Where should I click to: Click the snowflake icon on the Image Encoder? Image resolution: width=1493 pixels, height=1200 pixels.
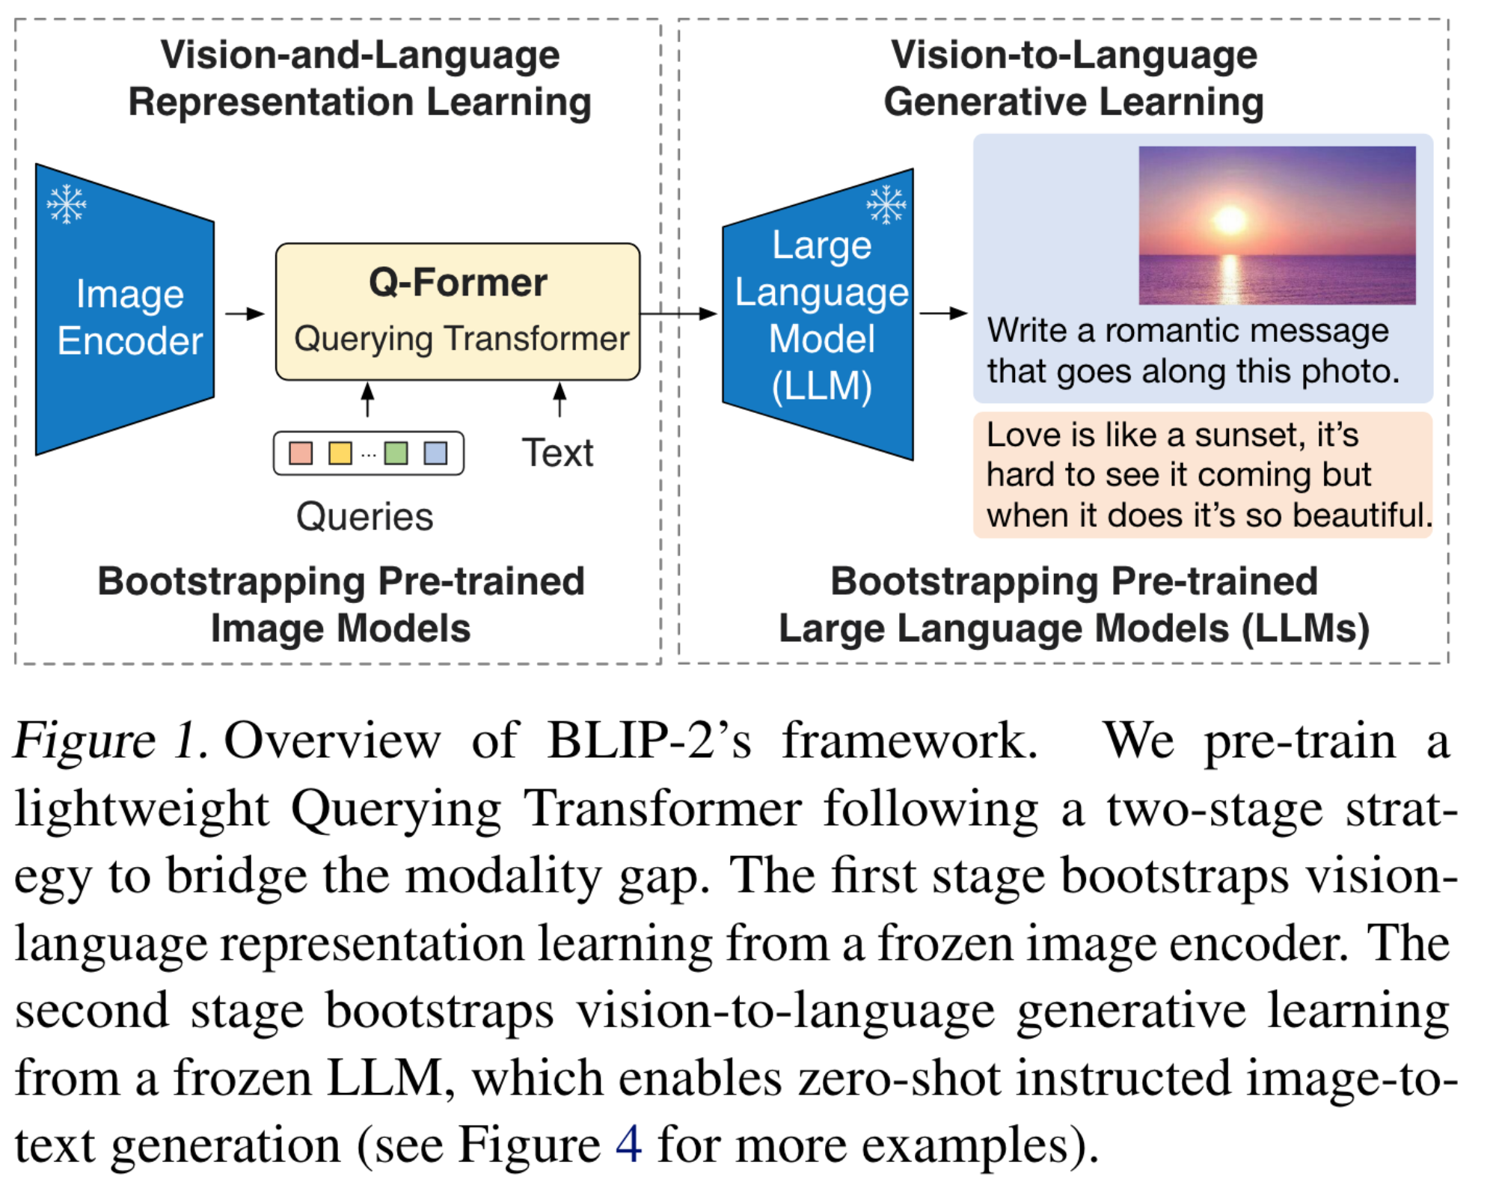(x=67, y=203)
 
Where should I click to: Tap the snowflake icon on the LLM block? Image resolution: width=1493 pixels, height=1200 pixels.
(x=886, y=204)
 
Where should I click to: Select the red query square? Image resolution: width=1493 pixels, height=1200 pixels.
(x=301, y=453)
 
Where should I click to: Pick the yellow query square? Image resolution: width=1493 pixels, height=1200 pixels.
(x=340, y=453)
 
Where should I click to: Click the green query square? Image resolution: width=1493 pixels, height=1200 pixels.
(x=396, y=453)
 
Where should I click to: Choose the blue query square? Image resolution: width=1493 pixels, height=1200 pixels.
(x=435, y=453)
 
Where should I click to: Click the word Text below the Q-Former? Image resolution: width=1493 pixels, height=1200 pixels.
(x=557, y=453)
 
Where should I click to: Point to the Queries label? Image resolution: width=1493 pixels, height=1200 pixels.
(x=364, y=516)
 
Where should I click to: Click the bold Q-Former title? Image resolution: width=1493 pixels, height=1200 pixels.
(x=458, y=283)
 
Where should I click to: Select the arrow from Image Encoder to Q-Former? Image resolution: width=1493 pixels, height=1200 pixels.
(x=245, y=313)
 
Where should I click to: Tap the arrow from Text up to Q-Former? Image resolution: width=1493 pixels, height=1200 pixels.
(x=560, y=400)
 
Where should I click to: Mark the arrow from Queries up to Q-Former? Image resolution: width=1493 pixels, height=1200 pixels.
(x=367, y=400)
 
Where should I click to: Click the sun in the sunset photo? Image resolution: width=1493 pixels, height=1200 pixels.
(x=1230, y=219)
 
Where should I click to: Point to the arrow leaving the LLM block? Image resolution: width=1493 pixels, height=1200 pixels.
(x=942, y=313)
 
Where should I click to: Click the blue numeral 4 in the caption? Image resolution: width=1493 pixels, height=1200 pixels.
(x=628, y=1144)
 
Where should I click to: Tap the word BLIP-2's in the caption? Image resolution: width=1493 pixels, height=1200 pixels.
(x=649, y=741)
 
